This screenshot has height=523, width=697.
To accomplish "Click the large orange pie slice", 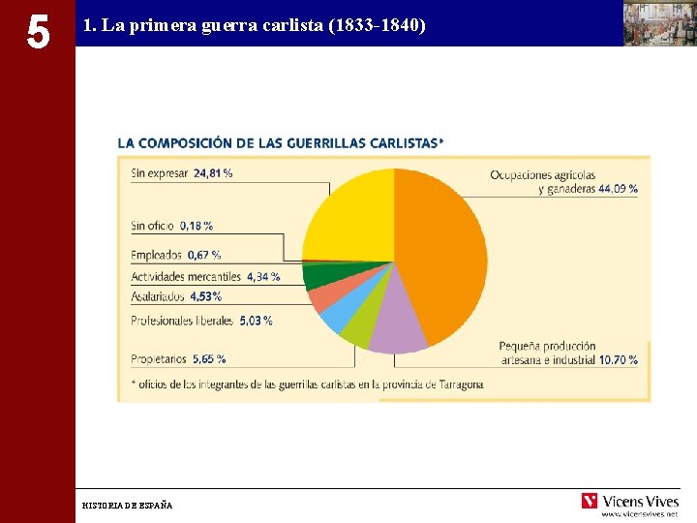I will click(440, 252).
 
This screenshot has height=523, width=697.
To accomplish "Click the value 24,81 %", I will click(213, 173).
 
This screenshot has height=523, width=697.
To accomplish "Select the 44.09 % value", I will click(618, 189).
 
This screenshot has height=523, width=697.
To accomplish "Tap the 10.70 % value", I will click(618, 359).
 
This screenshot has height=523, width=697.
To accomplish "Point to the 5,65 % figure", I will click(208, 358).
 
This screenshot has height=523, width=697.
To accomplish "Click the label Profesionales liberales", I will click(182, 320).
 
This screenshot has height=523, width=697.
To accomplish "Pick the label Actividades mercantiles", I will click(186, 276).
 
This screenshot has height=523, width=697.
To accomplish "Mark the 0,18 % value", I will click(196, 226).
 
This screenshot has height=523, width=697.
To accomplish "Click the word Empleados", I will click(156, 255).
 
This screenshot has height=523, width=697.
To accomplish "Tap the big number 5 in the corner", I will click(37, 32).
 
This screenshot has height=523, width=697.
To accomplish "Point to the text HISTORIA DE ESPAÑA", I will click(127, 505).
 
